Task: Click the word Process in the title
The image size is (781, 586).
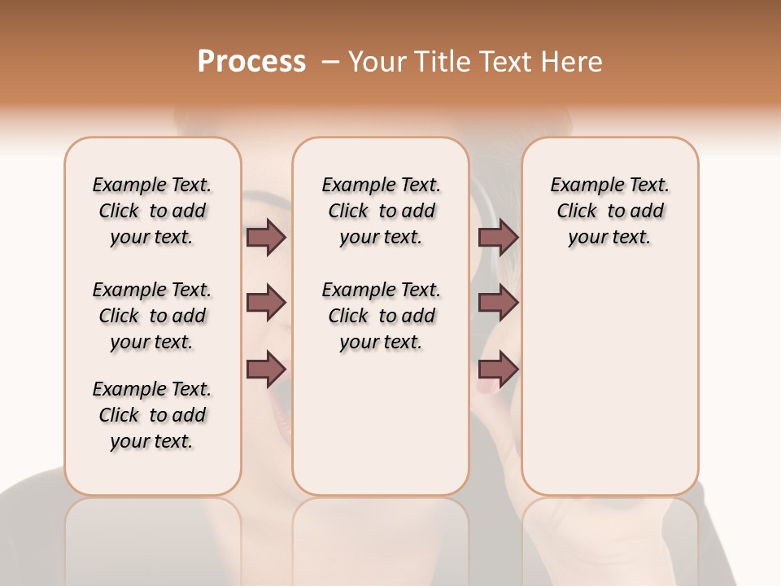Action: pos(251,62)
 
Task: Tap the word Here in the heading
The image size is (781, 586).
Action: pos(573,62)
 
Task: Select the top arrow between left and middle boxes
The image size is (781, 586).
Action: pos(266,238)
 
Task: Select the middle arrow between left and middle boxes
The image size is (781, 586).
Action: pos(266,304)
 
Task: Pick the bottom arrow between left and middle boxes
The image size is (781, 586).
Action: pos(266,370)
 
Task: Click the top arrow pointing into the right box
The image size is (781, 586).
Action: pos(498,238)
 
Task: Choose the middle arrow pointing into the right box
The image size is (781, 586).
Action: pos(498,304)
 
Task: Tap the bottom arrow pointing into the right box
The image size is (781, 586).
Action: pos(498,370)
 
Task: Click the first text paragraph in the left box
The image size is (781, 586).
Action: pos(152,211)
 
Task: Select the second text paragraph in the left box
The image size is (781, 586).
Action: pos(152,316)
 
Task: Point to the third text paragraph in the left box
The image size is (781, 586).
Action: pos(152,415)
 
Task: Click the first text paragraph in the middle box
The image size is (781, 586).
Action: pos(381,211)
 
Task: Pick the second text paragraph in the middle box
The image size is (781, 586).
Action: pos(381,316)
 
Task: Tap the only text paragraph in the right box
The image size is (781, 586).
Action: pos(609,211)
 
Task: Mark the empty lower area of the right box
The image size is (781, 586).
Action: pos(609,383)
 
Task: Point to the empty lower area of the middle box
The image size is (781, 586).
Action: pos(381,423)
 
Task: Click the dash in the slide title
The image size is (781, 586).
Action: pos(329,62)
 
